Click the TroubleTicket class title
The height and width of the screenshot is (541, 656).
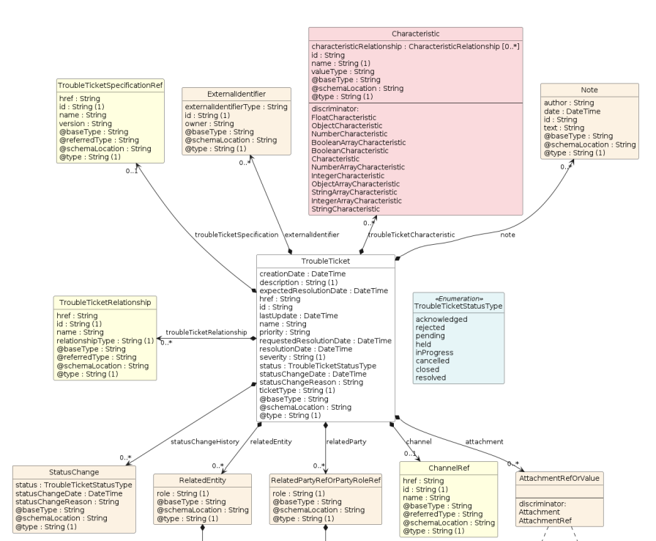click(325, 261)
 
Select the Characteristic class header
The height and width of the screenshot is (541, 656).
click(415, 34)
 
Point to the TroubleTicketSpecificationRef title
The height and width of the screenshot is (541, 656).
click(110, 86)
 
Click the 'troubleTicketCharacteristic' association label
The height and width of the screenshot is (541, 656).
click(411, 235)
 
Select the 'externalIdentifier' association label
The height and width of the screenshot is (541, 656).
click(312, 235)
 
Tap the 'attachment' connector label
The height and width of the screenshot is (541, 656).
click(484, 441)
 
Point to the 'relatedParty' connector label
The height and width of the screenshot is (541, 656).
click(347, 441)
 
